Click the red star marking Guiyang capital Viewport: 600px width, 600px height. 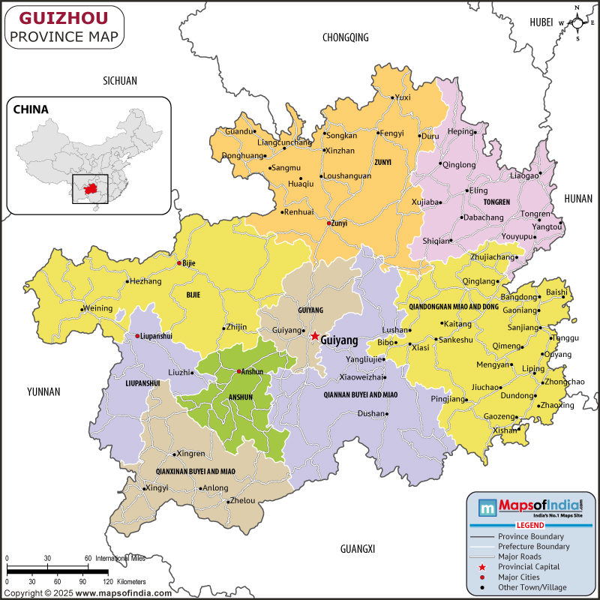click(x=315, y=336)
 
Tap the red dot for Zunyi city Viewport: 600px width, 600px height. click(x=328, y=223)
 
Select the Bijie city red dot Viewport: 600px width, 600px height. click(x=178, y=263)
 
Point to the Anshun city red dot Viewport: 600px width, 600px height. click(x=239, y=371)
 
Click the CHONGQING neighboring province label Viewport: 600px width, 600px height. click(x=346, y=37)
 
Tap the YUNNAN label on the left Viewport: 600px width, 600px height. click(x=43, y=391)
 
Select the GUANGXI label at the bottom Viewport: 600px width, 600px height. click(x=357, y=549)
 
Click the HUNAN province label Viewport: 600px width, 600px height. click(x=578, y=197)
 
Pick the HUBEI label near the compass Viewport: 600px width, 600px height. click(x=541, y=22)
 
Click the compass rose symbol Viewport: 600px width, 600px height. click(x=577, y=23)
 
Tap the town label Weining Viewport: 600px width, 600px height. click(x=97, y=308)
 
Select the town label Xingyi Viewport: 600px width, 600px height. click(x=157, y=488)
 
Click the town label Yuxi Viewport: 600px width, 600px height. click(x=403, y=97)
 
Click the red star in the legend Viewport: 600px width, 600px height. click(x=481, y=566)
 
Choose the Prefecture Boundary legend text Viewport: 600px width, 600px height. click(x=533, y=547)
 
